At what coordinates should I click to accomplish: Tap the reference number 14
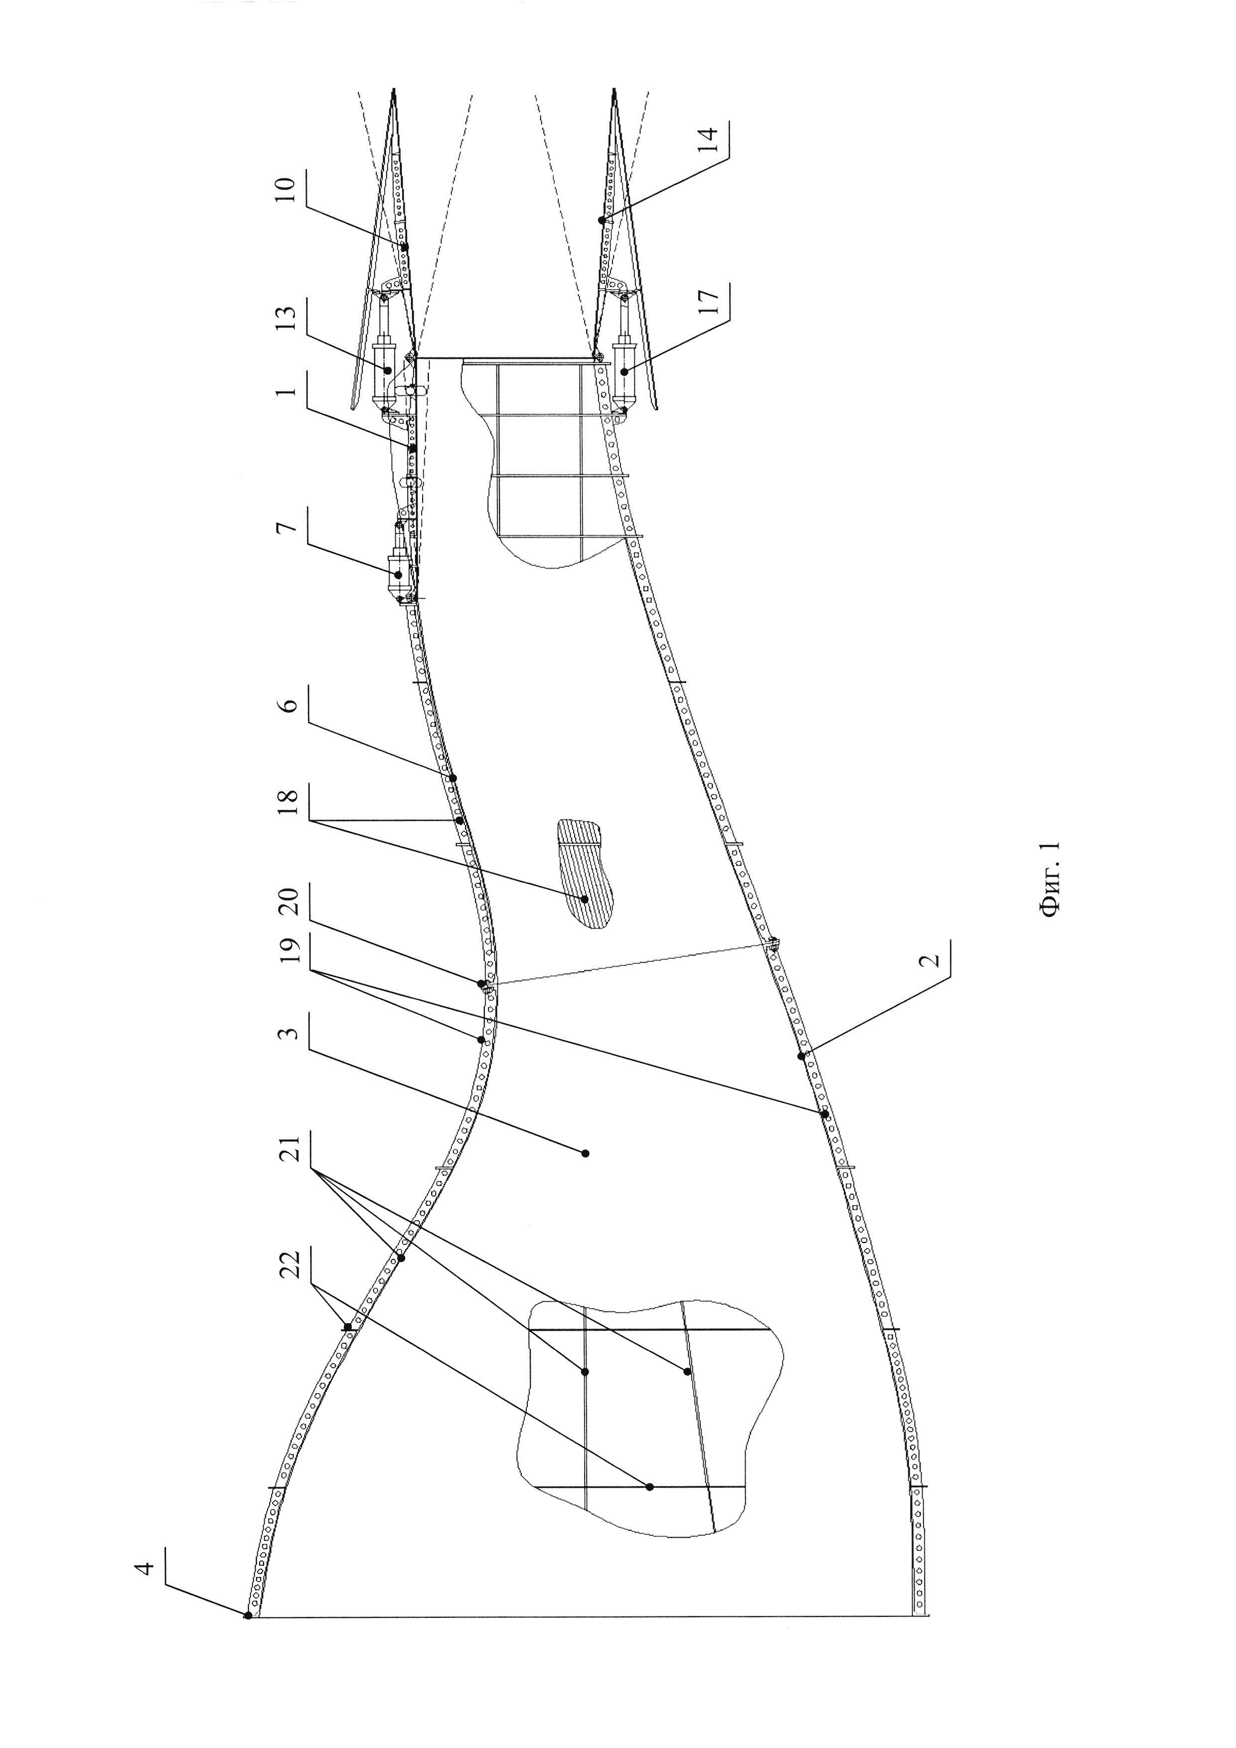coord(707,140)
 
